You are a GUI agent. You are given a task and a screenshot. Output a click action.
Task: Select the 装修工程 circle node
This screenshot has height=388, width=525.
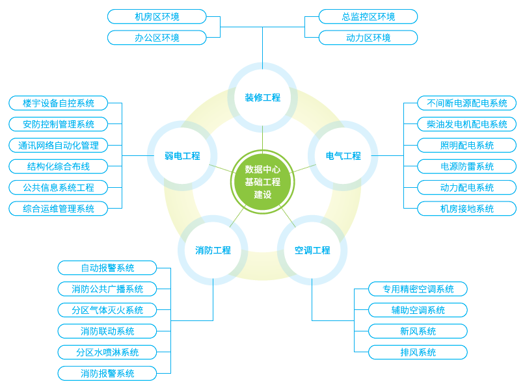click(x=263, y=97)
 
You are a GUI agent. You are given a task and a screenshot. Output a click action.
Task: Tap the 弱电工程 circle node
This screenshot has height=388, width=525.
click(x=182, y=156)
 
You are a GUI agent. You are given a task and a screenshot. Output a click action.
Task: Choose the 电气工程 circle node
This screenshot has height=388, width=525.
click(x=343, y=156)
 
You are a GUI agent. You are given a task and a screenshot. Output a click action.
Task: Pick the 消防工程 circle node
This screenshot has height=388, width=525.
click(x=213, y=250)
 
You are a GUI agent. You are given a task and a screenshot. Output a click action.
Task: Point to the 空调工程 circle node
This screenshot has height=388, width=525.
click(x=312, y=250)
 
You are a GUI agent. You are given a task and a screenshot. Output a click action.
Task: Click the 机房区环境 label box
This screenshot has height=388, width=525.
click(x=157, y=16)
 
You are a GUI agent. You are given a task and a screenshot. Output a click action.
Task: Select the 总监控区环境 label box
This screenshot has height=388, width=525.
click(x=368, y=16)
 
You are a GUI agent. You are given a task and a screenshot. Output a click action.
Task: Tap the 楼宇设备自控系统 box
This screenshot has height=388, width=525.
click(x=58, y=103)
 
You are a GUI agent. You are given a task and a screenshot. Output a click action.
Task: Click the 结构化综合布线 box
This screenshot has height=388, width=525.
click(x=58, y=166)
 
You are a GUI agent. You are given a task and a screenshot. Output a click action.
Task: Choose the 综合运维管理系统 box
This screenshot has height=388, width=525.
click(x=58, y=209)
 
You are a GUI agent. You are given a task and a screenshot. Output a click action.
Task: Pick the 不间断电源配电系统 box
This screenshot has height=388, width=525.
click(x=467, y=103)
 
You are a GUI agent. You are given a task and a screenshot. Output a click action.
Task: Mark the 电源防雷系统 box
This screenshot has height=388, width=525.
click(x=467, y=166)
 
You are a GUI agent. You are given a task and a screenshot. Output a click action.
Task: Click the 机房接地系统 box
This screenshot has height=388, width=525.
click(x=467, y=209)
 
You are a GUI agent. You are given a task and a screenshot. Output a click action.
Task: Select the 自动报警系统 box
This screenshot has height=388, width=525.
click(x=107, y=268)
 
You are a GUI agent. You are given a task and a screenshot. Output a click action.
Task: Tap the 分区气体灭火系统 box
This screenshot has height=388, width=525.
click(x=107, y=310)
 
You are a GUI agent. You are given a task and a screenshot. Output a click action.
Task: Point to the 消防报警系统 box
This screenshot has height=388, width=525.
click(x=107, y=374)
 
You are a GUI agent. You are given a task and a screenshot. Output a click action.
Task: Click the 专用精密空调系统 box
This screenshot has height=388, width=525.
click(x=418, y=289)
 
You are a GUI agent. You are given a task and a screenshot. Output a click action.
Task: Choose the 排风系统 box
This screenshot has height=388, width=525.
click(x=418, y=352)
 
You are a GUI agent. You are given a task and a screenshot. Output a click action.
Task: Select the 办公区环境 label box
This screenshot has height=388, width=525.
click(x=157, y=38)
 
